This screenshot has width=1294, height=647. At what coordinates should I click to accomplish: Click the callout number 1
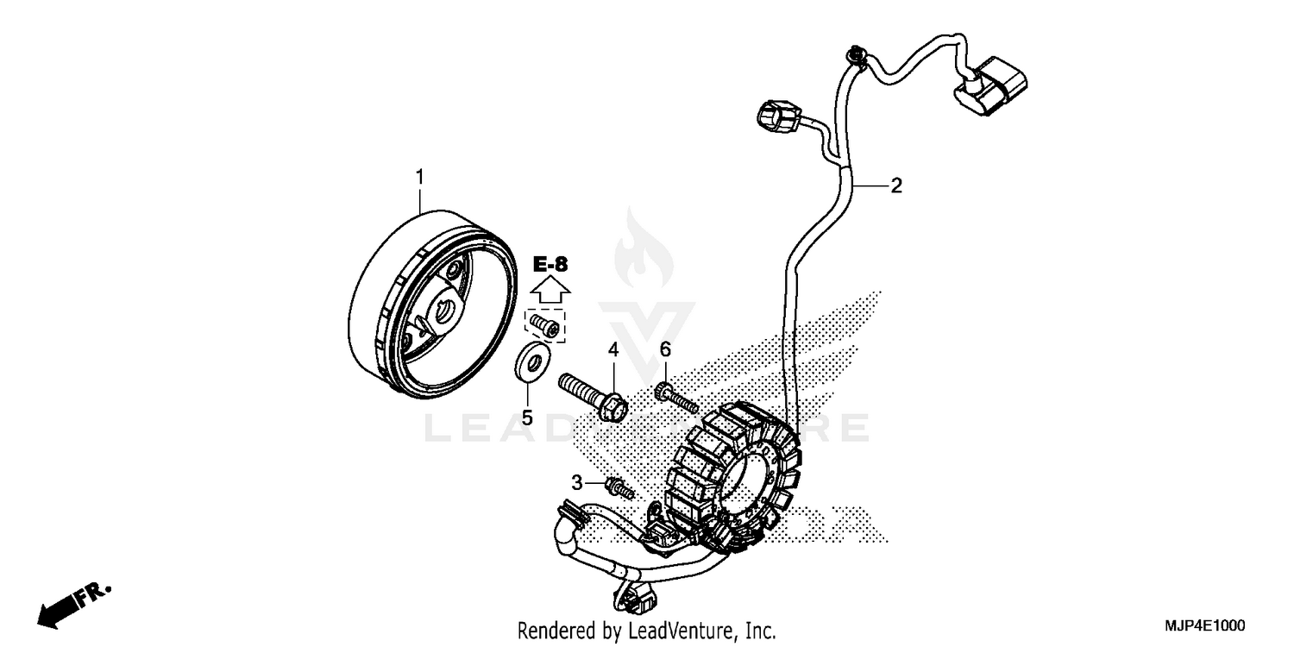420,178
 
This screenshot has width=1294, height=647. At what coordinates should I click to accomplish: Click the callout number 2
896,185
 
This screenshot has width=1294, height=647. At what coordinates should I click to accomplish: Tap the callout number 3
576,481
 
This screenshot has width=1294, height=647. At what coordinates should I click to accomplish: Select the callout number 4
613,350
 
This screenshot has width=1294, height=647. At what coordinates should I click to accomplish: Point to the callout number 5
527,418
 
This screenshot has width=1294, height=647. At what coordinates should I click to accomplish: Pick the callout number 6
665,349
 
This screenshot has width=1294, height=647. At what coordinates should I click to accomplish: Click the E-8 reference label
550,264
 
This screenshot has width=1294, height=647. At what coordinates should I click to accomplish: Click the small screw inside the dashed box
544,325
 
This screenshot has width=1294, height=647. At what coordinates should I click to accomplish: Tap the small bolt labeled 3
620,489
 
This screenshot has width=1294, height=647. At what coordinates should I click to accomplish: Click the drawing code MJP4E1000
1206,625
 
